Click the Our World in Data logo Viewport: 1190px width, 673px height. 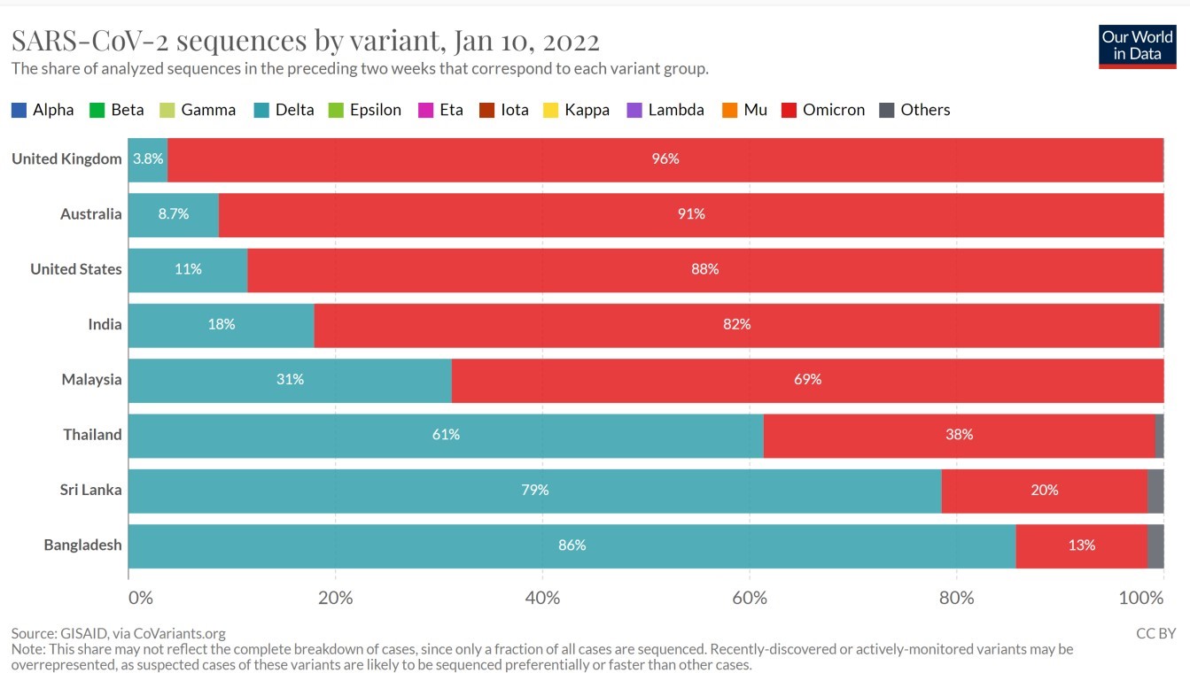pos(1137,46)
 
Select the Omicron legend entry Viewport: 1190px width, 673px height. pos(823,110)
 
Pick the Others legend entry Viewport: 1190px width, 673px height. pos(914,110)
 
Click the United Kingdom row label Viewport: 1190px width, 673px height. pos(66,159)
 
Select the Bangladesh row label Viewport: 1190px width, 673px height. pos(82,545)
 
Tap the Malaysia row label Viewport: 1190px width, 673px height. pos(91,379)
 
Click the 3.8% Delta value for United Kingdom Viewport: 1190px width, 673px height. pos(147,159)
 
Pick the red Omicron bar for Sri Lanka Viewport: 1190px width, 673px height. pos(1044,491)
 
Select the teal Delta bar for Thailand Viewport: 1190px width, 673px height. pos(446,435)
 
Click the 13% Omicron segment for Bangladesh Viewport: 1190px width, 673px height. pos(1081,545)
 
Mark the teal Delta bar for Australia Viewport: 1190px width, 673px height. pos(173,214)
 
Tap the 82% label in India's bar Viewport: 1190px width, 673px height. pos(736,324)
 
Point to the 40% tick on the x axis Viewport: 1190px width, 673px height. pos(542,598)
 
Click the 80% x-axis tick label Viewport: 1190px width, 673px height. pos(956,598)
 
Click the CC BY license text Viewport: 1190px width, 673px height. pos(1155,633)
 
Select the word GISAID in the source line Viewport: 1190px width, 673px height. pos(84,633)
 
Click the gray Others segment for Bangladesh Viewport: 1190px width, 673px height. pos(1155,545)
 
